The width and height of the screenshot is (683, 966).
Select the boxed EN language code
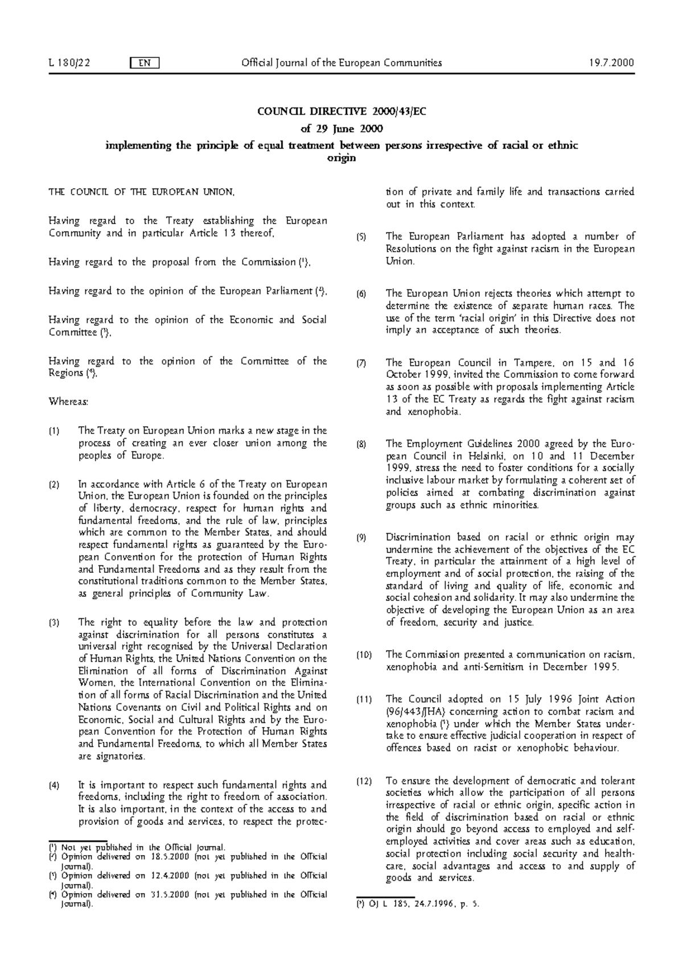click(x=145, y=63)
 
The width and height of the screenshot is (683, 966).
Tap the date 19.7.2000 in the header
click(x=612, y=63)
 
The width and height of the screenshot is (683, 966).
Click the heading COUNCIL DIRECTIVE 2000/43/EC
click(x=341, y=112)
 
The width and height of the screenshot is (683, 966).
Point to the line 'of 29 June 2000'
click(x=341, y=129)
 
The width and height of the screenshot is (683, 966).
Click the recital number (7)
click(x=361, y=363)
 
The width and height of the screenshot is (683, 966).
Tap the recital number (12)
click(x=364, y=781)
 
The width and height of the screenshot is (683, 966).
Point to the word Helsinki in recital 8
click(x=507, y=456)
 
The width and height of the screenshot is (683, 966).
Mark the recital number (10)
click(x=364, y=655)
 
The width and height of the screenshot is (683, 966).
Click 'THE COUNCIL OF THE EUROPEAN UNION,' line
click(x=141, y=192)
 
